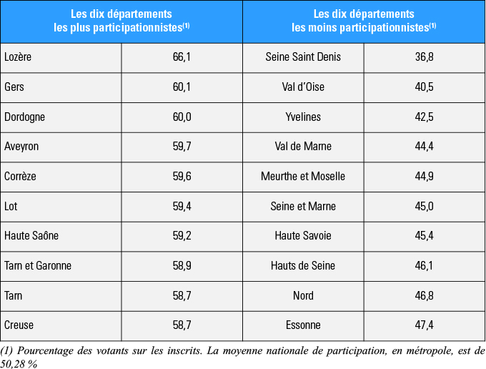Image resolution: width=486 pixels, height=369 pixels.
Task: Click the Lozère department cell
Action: pyautogui.click(x=18, y=57)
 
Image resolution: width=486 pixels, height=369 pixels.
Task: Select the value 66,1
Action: pyautogui.click(x=182, y=57)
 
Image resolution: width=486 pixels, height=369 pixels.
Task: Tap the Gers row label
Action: pyautogui.click(x=14, y=87)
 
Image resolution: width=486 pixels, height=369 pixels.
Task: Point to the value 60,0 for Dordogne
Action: pyautogui.click(x=182, y=117)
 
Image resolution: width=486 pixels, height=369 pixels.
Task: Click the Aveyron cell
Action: pyautogui.click(x=21, y=147)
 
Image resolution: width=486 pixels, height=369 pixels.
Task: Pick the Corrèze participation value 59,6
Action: pyautogui.click(x=182, y=176)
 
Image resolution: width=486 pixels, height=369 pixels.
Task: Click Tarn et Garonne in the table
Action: pyautogui.click(x=38, y=265)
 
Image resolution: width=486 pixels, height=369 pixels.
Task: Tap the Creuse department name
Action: pyautogui.click(x=19, y=325)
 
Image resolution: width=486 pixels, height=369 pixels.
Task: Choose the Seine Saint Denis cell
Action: pyautogui.click(x=303, y=57)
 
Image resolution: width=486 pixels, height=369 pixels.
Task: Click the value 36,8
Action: pyautogui.click(x=424, y=57)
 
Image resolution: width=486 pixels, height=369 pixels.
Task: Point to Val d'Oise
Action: pyautogui.click(x=303, y=87)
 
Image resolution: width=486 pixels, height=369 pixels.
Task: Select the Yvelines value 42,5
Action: pyautogui.click(x=424, y=117)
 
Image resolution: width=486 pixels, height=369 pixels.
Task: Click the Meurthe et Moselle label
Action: pyautogui.click(x=303, y=176)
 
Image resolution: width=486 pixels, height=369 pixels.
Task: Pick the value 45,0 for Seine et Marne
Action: pyautogui.click(x=424, y=206)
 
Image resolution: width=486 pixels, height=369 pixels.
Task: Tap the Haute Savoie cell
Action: pyautogui.click(x=303, y=235)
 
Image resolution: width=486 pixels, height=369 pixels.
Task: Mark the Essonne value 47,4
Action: pyautogui.click(x=424, y=325)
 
